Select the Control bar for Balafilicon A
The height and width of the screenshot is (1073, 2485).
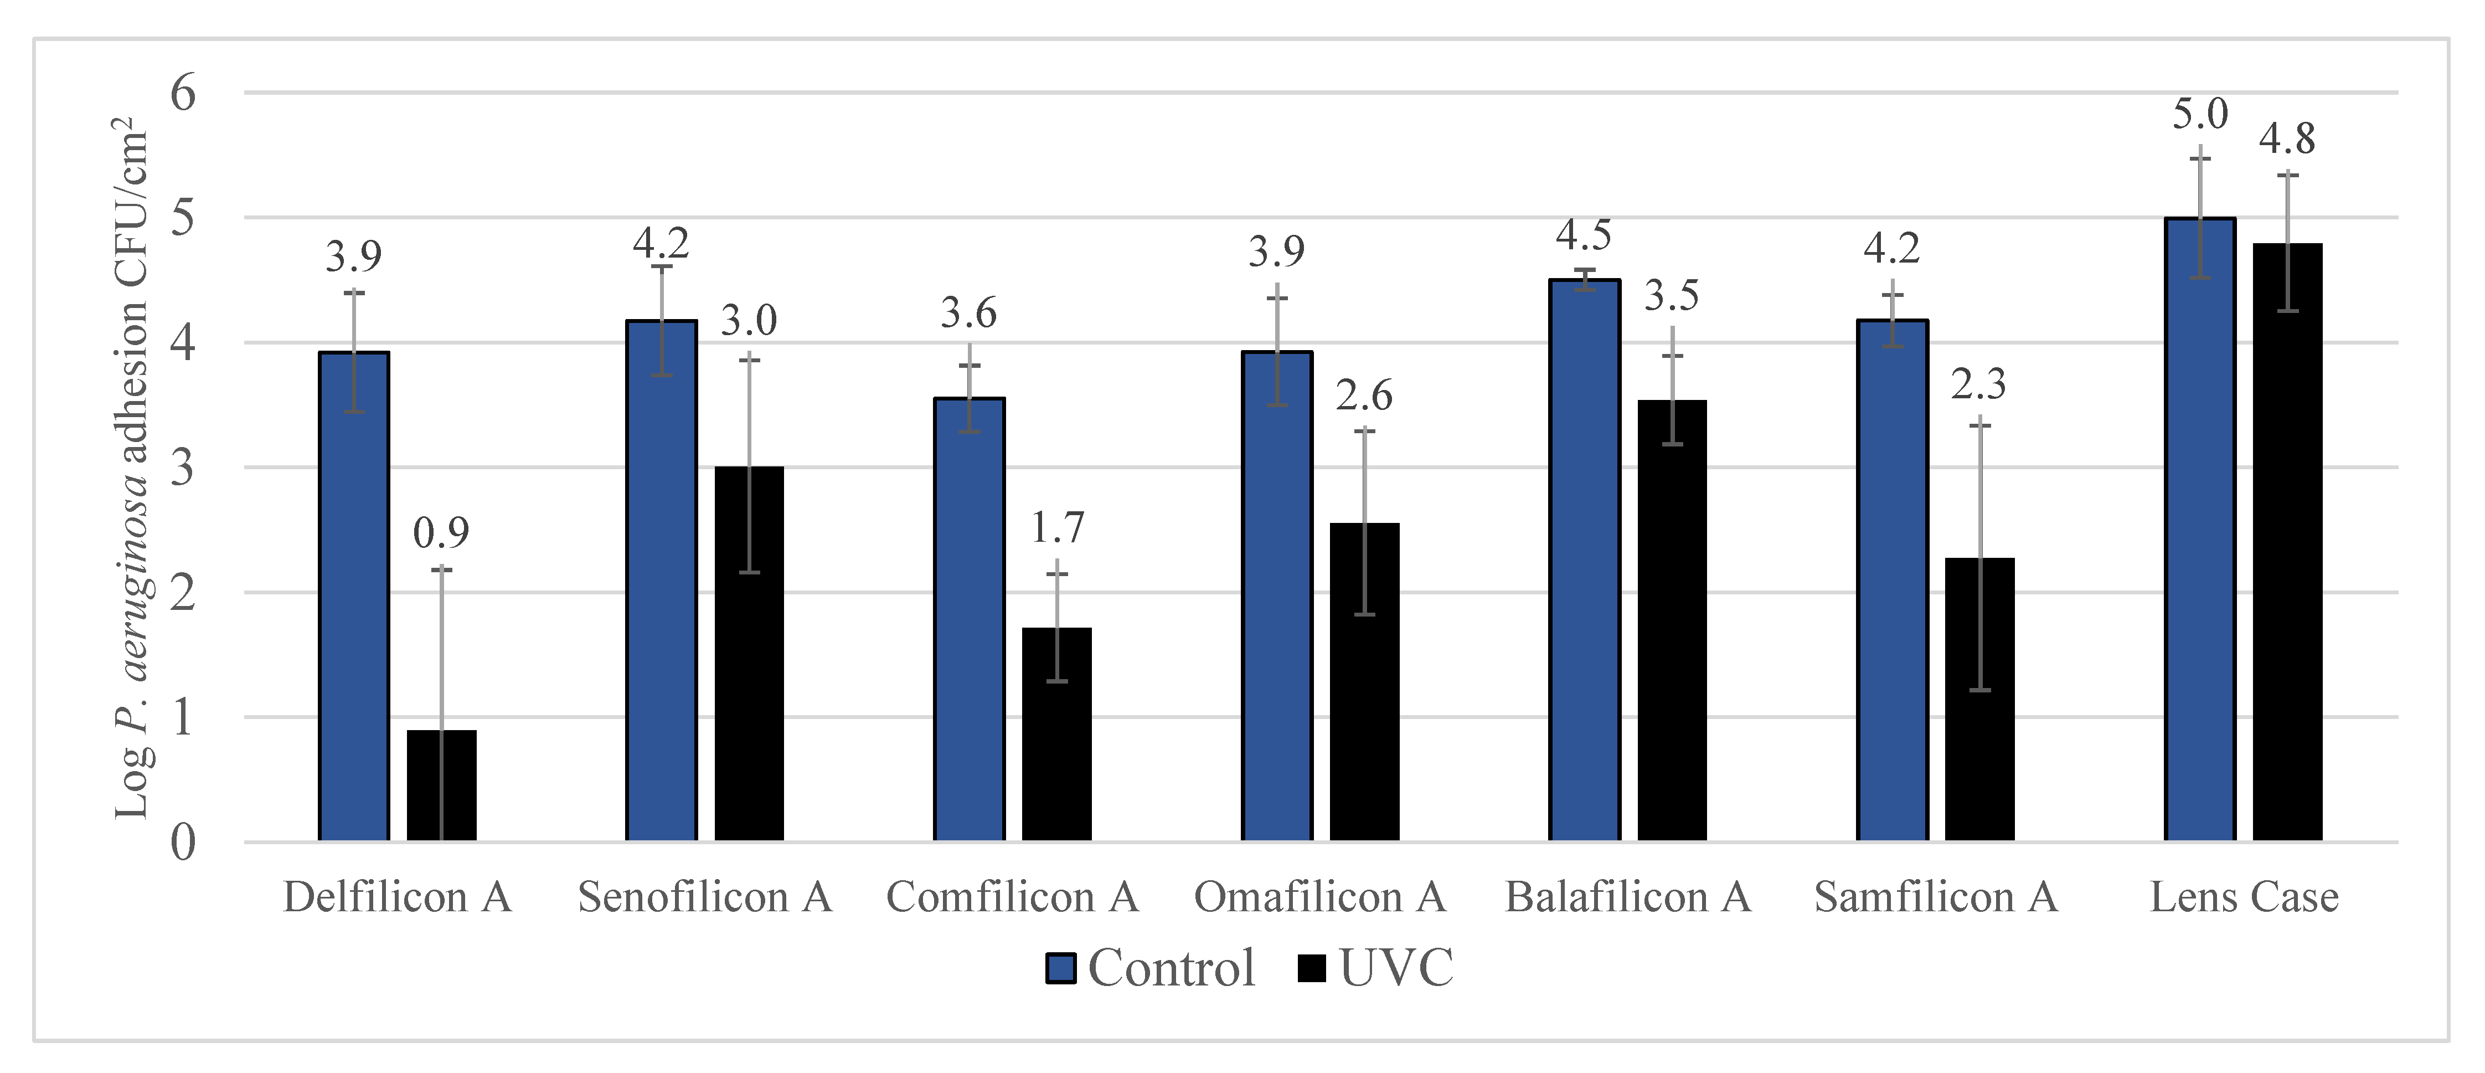coord(1584,559)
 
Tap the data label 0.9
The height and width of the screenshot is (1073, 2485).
coord(441,533)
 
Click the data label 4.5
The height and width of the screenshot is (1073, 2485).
coord(1583,234)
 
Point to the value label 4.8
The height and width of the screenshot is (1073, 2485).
coord(2286,139)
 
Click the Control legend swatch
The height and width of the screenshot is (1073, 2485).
coord(1061,968)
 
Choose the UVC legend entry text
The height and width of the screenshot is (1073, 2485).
coord(1396,968)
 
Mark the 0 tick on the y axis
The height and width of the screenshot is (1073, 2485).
coord(183,843)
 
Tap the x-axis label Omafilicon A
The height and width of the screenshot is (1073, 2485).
coord(1319,897)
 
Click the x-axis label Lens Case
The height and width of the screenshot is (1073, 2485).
coord(2244,897)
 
